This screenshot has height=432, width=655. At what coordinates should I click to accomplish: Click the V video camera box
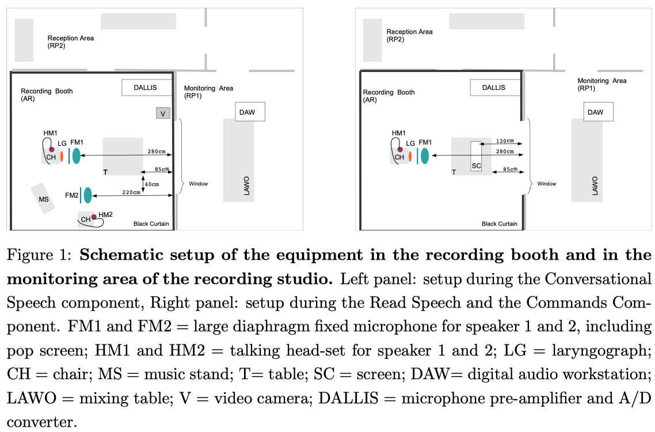pyautogui.click(x=163, y=113)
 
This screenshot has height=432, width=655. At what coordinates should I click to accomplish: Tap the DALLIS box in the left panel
pyautogui.click(x=147, y=88)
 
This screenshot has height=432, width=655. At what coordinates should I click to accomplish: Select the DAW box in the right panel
pyautogui.click(x=596, y=112)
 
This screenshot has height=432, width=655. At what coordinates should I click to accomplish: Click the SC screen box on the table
pyautogui.click(x=475, y=156)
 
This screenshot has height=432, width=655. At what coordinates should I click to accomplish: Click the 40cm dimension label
pyautogui.click(x=152, y=184)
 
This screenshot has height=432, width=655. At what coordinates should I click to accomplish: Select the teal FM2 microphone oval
pyautogui.click(x=87, y=195)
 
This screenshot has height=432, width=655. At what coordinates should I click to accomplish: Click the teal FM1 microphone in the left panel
pyautogui.click(x=76, y=156)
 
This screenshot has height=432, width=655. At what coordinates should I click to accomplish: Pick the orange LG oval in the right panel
pyautogui.click(x=409, y=156)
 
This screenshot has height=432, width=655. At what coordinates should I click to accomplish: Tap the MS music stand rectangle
pyautogui.click(x=44, y=199)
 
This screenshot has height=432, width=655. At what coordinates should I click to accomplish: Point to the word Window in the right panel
pyautogui.click(x=547, y=184)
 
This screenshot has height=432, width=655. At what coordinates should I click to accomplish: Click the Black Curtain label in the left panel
pyautogui.click(x=151, y=223)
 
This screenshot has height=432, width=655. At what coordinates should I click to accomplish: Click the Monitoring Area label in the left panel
pyautogui.click(x=208, y=92)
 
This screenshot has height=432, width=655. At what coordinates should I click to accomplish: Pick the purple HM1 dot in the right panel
pyautogui.click(x=399, y=149)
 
